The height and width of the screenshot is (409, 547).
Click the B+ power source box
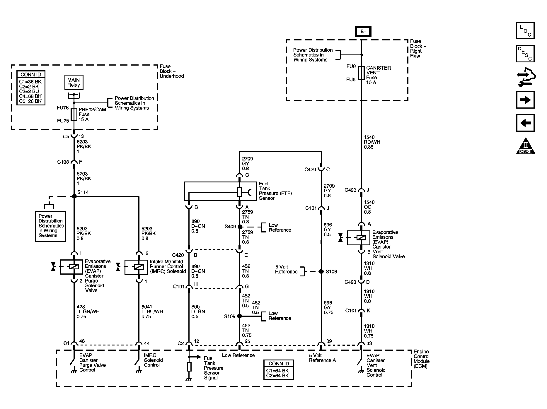click(363, 32)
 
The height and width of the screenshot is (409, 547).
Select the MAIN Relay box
click(74, 82)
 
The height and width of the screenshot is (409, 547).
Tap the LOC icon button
click(525, 31)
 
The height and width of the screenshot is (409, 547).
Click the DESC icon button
click(525, 54)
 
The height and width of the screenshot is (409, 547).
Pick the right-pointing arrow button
click(525, 100)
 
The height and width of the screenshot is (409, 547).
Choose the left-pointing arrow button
click(525, 123)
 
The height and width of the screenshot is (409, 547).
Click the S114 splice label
click(83, 192)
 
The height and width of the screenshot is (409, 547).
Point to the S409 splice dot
click(240, 227)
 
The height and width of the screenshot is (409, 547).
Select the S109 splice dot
click(239, 316)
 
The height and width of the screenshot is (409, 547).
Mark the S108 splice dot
click(321, 272)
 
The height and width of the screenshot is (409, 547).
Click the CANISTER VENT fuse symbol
click(361, 73)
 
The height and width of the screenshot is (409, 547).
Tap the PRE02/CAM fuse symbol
click(74, 114)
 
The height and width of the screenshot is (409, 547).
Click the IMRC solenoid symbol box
click(136, 267)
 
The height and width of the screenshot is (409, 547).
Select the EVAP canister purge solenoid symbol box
click(71, 267)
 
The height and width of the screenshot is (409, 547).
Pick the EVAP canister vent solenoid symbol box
click(358, 238)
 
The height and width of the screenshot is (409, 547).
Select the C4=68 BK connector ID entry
click(30, 96)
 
